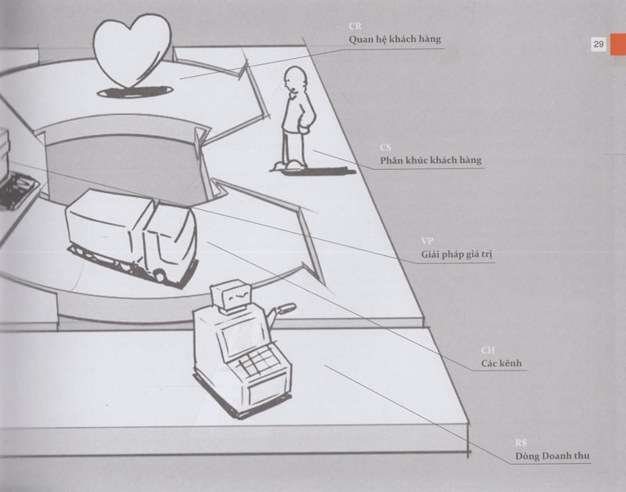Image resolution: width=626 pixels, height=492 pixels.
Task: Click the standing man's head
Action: point(295,81)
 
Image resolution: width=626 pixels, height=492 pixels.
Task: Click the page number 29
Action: point(598,45)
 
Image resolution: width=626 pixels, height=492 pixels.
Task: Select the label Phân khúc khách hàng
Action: point(430,161)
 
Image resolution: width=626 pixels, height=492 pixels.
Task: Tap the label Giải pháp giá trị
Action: point(456,255)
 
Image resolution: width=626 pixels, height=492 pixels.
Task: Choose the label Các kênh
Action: point(501,364)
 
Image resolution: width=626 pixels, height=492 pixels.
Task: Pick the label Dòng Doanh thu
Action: point(552,456)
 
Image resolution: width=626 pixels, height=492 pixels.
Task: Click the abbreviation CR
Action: point(355,26)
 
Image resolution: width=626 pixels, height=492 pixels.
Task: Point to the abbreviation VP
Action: point(427,241)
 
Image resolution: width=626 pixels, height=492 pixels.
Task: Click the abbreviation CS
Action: point(386,147)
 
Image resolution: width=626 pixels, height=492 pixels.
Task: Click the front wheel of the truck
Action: point(160,275)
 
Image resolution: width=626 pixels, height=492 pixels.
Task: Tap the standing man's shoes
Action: point(289,165)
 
